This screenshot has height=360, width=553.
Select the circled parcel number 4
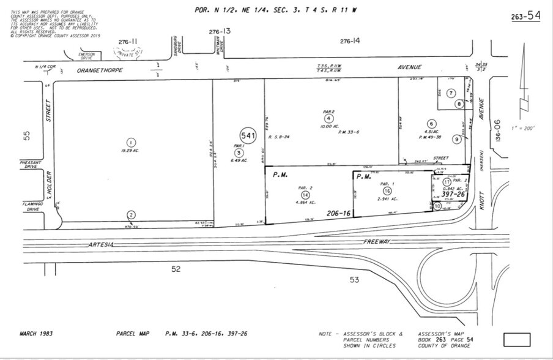(x=329, y=118)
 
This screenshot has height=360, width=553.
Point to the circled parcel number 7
(x=450, y=93)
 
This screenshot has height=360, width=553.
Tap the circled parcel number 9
(x=456, y=140)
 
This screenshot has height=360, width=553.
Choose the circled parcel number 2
(x=131, y=214)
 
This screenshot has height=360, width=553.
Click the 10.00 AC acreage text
(x=329, y=126)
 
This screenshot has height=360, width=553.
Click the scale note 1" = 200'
(x=524, y=128)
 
